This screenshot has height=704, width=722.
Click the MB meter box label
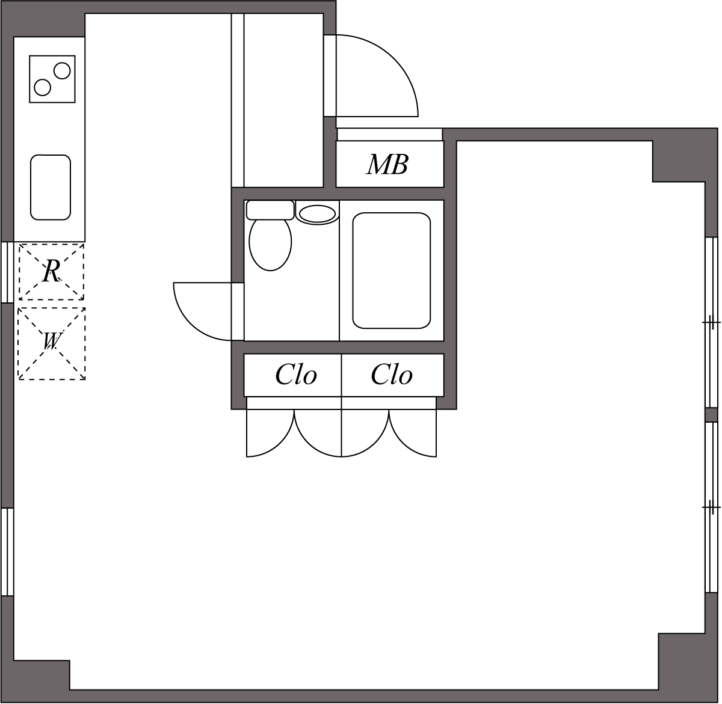[388, 164]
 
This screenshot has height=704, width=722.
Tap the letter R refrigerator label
[51, 272]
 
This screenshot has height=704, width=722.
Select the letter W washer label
[51, 342]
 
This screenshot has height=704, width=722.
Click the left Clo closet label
[296, 375]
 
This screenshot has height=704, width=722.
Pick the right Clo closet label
[392, 375]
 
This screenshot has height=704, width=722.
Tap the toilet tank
[270, 210]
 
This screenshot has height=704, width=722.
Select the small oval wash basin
[317, 214]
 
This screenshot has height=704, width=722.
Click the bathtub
[392, 271]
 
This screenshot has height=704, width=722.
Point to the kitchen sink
[51, 187]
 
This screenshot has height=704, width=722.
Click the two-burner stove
[52, 79]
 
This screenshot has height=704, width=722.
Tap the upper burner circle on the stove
[62, 71]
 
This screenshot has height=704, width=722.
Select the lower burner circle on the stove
[43, 87]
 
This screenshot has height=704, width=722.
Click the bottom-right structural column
[683, 664]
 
